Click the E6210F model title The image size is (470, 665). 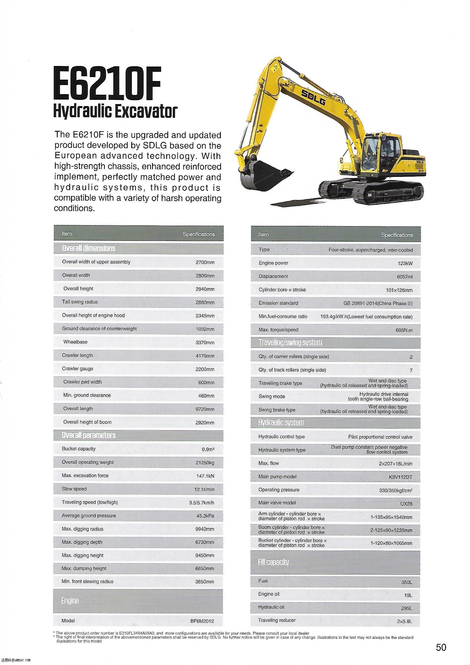click(x=107, y=84)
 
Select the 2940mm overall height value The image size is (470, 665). click(x=205, y=289)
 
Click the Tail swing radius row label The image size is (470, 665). click(x=80, y=302)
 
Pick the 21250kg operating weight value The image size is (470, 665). click(x=205, y=463)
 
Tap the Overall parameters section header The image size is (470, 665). click(x=89, y=435)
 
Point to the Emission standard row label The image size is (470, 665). click(x=278, y=303)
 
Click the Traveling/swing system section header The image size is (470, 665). click(x=290, y=343)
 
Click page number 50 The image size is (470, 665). click(x=441, y=647)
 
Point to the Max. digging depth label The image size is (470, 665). click(x=82, y=542)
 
